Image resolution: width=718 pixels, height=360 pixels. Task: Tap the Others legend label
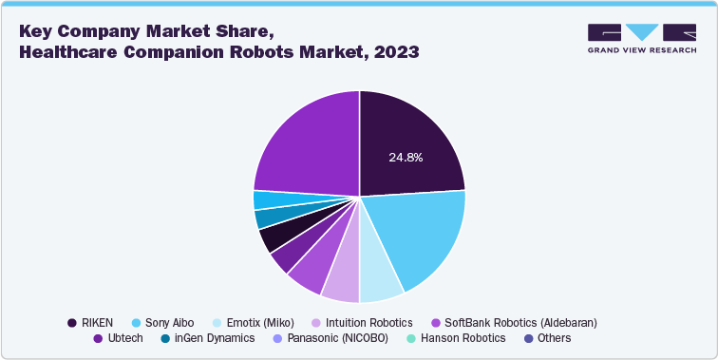coord(554,338)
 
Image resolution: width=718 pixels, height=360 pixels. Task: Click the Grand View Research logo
coord(642,38)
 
